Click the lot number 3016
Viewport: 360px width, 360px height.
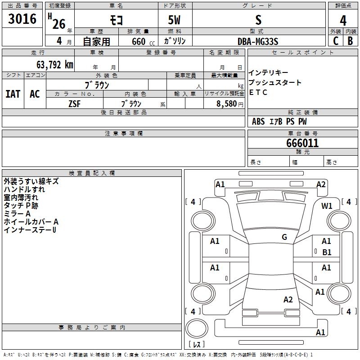tap(22, 19)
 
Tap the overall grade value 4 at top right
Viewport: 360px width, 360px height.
tap(343, 21)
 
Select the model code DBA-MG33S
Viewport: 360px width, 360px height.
tap(258, 41)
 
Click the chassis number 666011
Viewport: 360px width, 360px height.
tap(302, 144)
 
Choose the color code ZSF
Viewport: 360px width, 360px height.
tap(75, 103)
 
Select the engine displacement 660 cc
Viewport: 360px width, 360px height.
tap(140, 41)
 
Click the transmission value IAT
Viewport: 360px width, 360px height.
tap(13, 94)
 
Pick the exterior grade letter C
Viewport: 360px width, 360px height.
tap(335, 41)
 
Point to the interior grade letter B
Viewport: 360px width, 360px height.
tap(350, 41)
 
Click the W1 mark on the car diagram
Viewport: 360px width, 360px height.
tap(327, 206)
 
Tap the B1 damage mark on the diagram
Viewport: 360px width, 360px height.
tap(327, 252)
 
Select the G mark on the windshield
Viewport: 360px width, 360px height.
tap(284, 237)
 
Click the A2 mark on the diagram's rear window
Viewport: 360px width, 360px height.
tap(288, 300)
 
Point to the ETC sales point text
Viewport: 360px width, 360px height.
tap(258, 93)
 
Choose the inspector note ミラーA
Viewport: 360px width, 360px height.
tap(17, 214)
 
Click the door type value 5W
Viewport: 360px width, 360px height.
tap(174, 21)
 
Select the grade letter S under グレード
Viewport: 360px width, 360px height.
tap(258, 21)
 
